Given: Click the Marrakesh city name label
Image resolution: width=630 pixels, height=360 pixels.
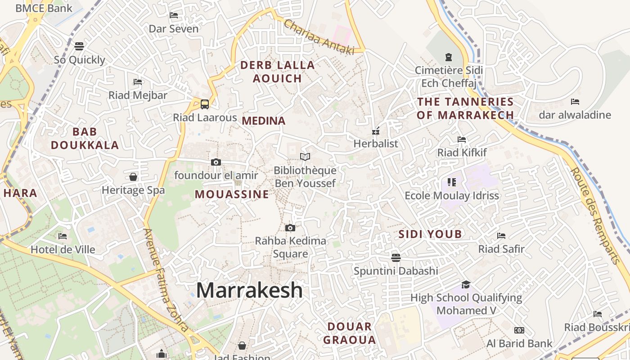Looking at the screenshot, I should [249, 290].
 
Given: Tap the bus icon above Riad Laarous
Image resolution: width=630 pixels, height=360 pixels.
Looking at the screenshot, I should [205, 104].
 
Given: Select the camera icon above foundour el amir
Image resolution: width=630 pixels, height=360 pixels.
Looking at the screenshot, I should [216, 162].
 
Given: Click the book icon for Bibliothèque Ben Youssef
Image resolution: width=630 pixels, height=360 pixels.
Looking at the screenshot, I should [305, 157].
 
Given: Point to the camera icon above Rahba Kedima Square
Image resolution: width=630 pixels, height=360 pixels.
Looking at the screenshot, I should [290, 228].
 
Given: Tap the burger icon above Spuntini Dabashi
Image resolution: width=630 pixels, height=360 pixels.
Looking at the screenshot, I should [396, 257].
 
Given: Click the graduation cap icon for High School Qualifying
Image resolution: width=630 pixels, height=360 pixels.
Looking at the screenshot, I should [466, 284].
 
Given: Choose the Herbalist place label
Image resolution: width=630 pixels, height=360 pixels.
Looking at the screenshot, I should [376, 144].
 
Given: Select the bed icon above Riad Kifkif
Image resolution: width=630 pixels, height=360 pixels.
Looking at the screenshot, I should [461, 139].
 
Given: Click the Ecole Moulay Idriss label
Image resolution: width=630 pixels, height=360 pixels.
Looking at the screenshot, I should [452, 196].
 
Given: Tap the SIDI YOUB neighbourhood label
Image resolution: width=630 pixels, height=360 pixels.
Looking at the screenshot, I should [430, 234].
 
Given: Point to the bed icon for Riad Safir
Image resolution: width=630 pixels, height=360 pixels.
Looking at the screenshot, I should [501, 235].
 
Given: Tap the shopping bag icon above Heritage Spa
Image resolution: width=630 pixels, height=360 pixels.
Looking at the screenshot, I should [133, 177].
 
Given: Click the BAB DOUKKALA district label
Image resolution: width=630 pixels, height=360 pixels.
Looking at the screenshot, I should [85, 138].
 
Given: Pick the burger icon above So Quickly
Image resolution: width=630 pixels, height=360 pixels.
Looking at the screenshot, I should [79, 46].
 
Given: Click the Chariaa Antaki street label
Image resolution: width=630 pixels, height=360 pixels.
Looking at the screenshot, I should [319, 38].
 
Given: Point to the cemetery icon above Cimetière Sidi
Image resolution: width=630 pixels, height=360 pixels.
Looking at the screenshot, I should [449, 57].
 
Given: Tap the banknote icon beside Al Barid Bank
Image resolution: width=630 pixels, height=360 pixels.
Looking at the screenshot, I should [519, 330].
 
